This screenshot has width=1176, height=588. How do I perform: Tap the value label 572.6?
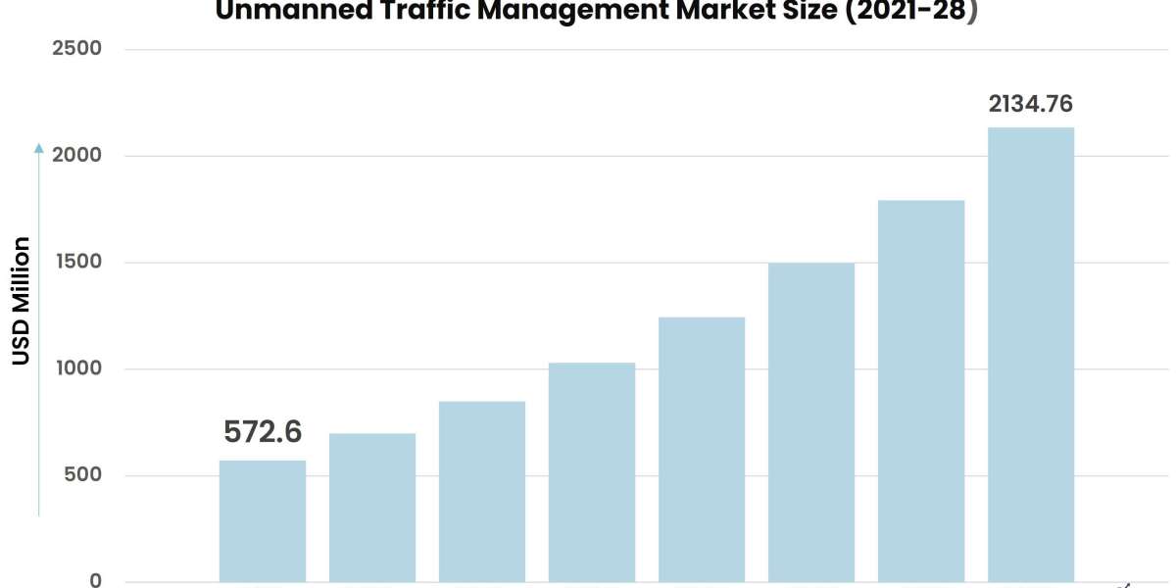(263, 431)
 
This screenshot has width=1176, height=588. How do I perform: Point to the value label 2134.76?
(1030, 104)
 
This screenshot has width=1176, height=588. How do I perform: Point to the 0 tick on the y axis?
(95, 580)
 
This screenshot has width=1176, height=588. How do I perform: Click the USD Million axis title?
(22, 301)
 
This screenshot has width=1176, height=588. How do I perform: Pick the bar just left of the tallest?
(920, 392)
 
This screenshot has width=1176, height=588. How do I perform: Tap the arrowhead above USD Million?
(39, 148)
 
